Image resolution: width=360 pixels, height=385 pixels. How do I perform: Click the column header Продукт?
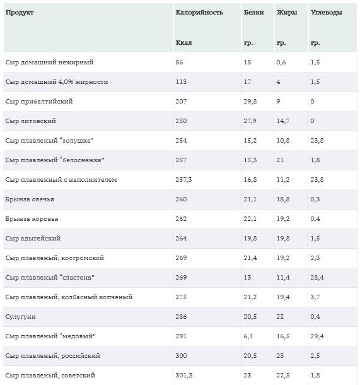(x=20, y=12)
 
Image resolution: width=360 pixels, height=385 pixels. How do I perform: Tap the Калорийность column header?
(x=199, y=12)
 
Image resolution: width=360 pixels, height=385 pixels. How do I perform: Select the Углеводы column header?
(x=326, y=13)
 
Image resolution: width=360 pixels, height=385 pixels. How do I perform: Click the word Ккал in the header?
(x=183, y=42)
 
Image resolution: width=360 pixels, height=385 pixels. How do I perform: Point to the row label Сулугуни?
(x=20, y=317)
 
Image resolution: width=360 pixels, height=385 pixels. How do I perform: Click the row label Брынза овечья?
(x=30, y=199)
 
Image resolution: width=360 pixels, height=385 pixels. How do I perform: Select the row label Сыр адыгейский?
(x=33, y=239)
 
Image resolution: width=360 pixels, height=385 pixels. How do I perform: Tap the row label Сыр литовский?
(x=31, y=121)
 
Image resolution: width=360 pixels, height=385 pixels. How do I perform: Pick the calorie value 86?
(x=179, y=62)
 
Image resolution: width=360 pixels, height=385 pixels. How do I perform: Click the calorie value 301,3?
(x=184, y=375)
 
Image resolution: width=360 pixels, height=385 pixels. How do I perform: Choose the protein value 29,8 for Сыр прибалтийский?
(x=250, y=102)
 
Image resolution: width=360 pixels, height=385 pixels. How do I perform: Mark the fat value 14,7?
(x=283, y=121)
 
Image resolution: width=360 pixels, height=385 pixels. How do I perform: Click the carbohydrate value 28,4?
(x=317, y=278)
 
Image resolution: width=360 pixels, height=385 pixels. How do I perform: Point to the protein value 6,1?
(x=248, y=336)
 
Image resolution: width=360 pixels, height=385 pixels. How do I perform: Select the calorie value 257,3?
(x=183, y=180)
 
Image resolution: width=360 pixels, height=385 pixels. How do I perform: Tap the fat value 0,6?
(x=281, y=62)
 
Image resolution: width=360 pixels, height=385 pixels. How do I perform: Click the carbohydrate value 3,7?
(x=315, y=297)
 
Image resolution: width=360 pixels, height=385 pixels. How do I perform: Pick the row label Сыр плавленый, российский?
(x=53, y=356)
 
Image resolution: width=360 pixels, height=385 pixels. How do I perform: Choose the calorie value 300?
(x=181, y=356)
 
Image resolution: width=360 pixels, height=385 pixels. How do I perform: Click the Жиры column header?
(x=287, y=12)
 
